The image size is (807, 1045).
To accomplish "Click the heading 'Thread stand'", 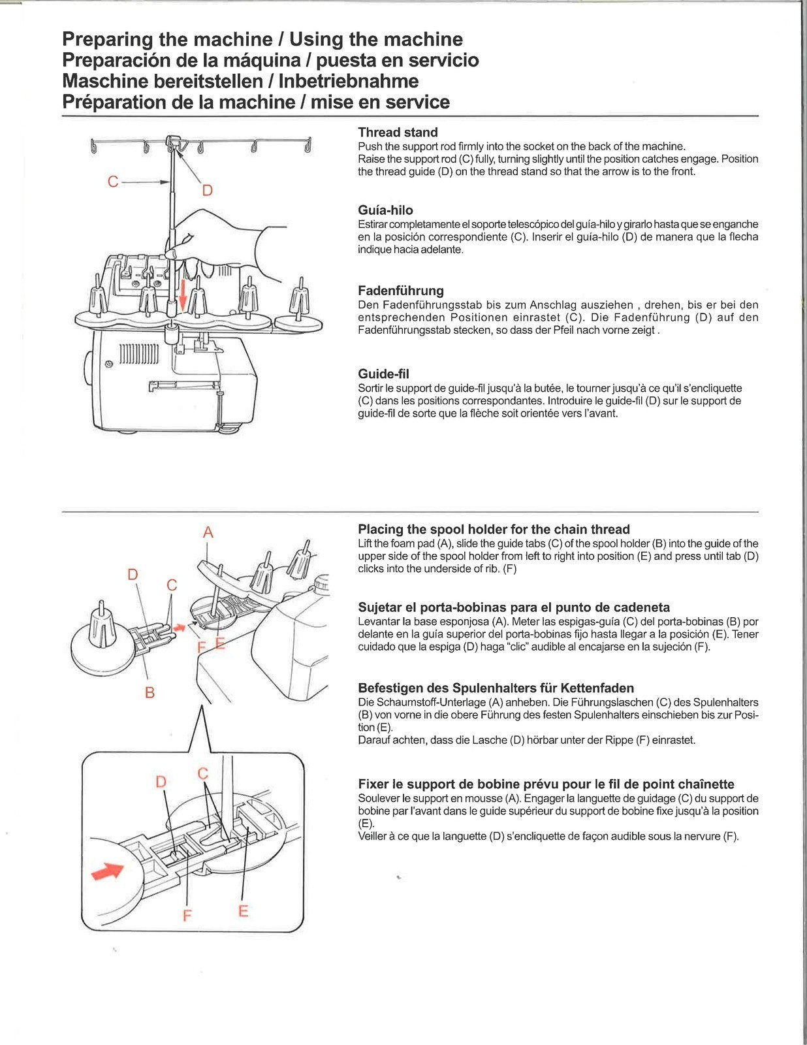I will [397, 133].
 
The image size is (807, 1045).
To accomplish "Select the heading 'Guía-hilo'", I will [385, 210].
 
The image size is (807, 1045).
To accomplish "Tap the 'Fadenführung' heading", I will [400, 291].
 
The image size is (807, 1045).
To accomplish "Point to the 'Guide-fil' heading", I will [383, 374].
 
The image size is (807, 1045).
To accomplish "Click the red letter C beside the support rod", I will [114, 182].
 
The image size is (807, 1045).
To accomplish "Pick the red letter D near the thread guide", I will [207, 191].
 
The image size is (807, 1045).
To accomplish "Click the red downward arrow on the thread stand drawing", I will [183, 293].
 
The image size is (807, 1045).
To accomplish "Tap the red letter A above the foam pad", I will [208, 532].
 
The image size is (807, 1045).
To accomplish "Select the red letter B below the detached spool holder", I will [150, 692].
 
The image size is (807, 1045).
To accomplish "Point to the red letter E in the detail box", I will [244, 910].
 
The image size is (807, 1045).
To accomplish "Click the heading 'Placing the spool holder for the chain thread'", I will [493, 530].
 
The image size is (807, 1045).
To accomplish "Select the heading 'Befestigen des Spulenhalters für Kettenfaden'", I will [496, 688].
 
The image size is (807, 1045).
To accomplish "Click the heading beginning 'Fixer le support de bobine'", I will [546, 784].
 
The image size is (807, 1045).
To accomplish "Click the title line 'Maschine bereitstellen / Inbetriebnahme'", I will [240, 81].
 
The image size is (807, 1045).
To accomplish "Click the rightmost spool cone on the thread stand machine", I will [300, 300].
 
